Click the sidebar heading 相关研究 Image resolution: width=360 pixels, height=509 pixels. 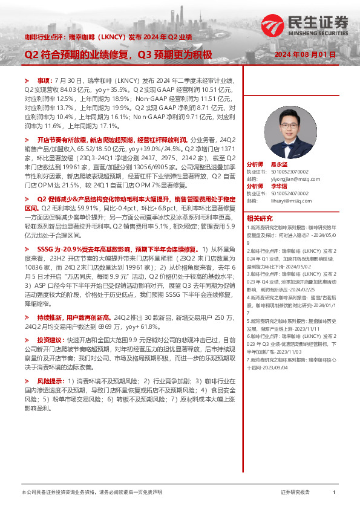[260, 218]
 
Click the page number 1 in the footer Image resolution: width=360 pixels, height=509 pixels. [335, 493]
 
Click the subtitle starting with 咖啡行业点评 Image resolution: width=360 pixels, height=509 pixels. [108, 37]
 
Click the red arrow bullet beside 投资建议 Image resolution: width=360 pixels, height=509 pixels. [26, 340]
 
